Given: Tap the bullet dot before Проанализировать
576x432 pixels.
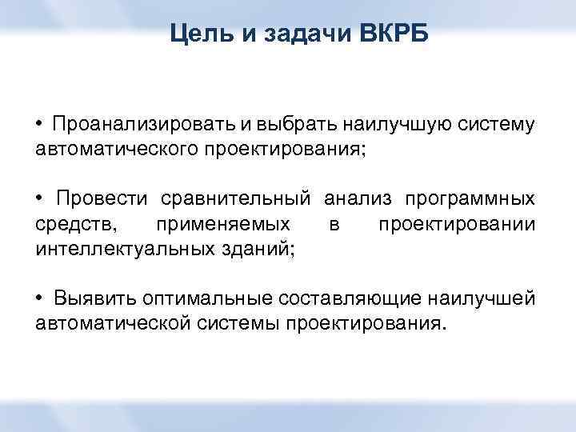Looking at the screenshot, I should pos(39,126).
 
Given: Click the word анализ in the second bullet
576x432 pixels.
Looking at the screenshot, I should pos(358,199).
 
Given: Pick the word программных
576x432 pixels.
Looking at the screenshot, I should pos(471,199).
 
